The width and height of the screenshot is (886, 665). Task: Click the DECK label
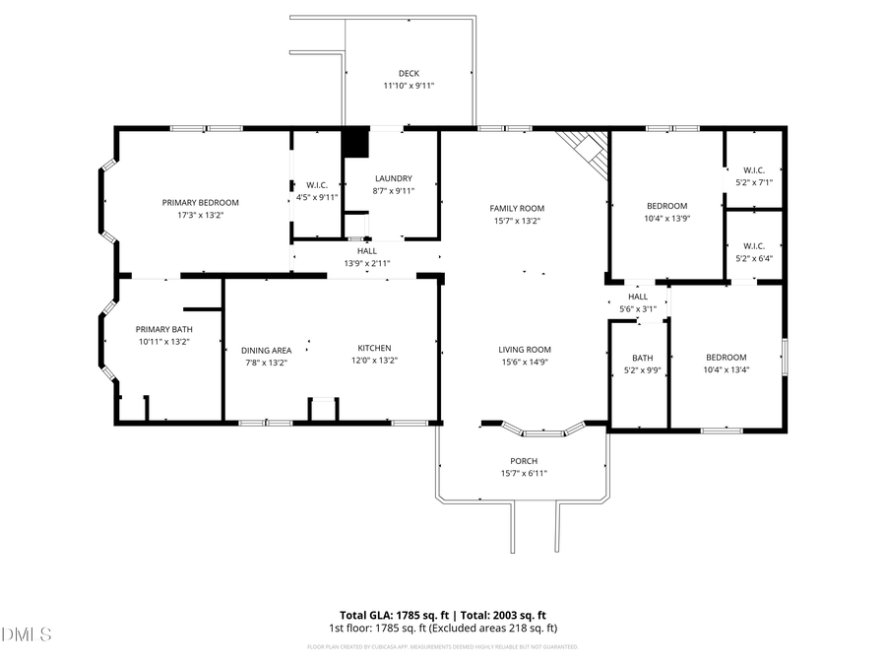tap(409, 74)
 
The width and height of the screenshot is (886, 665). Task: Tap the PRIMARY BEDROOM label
tap(201, 203)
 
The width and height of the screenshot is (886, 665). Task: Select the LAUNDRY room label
tap(393, 178)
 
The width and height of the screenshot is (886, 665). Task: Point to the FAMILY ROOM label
tap(517, 209)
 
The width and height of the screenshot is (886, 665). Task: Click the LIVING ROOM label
tap(524, 350)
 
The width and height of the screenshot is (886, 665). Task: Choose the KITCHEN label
tap(374, 348)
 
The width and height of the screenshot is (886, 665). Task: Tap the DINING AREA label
tap(267, 350)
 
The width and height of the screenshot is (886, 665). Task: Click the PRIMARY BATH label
tap(163, 330)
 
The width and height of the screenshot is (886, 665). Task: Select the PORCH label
tap(524, 461)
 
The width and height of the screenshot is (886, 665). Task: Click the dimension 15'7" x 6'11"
tap(524, 474)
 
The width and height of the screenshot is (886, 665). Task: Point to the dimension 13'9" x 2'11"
tap(367, 264)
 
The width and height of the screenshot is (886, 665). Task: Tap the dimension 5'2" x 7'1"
tap(754, 182)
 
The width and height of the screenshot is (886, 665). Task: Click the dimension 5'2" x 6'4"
tap(754, 259)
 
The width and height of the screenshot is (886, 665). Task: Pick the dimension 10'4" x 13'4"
tap(726, 370)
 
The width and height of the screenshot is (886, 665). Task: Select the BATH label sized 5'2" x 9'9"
tap(643, 358)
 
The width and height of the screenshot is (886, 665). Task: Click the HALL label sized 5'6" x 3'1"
tap(638, 297)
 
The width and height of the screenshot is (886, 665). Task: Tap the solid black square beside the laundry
tap(354, 143)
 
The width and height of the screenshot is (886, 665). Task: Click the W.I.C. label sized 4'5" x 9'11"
tap(317, 185)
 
